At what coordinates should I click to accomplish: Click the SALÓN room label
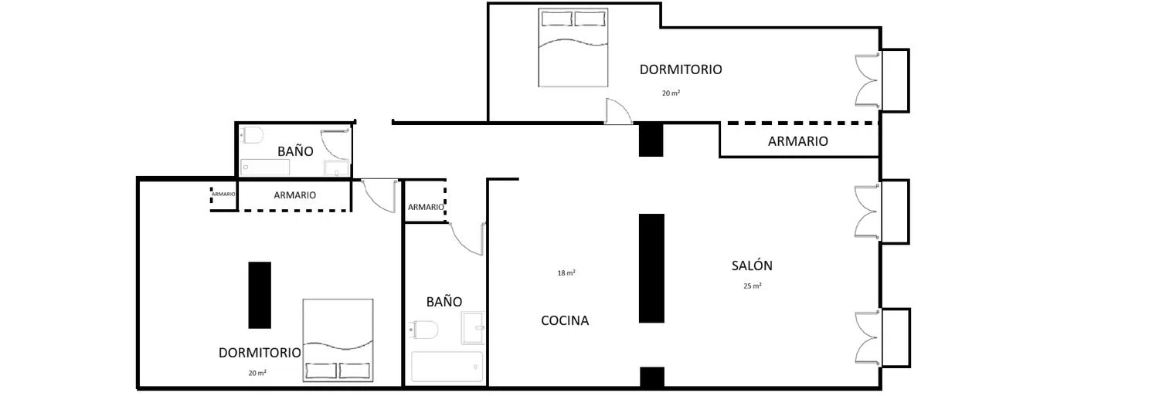click(752, 266)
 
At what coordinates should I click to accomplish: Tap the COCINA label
click(565, 320)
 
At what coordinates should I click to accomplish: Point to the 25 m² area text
click(753, 286)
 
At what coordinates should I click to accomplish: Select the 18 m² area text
click(566, 273)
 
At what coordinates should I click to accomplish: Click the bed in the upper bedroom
click(573, 47)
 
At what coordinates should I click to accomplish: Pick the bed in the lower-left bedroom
click(338, 340)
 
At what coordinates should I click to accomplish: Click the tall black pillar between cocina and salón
click(651, 269)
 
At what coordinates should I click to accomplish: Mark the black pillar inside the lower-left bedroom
click(260, 295)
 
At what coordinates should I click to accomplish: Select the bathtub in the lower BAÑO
click(447, 367)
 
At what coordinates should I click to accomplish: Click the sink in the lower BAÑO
click(473, 328)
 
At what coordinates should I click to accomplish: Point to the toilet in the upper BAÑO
click(252, 135)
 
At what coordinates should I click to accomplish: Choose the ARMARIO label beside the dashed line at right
click(798, 141)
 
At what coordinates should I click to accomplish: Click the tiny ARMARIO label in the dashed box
click(223, 194)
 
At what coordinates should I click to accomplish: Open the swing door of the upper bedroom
click(618, 110)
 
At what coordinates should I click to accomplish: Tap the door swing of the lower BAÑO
click(467, 239)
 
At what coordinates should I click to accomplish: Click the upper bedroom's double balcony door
click(867, 80)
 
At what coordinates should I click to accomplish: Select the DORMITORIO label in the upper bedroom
click(681, 69)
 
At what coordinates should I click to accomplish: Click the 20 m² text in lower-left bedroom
click(257, 373)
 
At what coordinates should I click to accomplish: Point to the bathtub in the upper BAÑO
click(265, 168)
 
